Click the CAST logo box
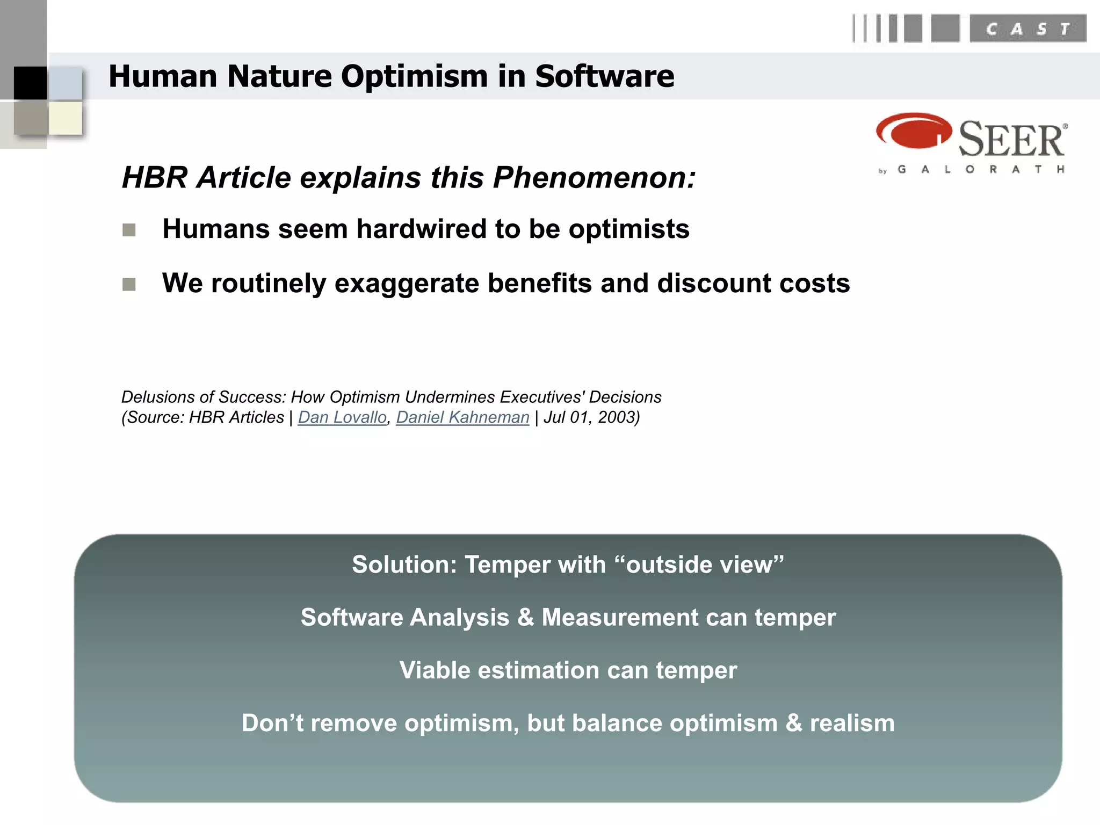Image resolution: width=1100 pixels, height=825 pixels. tap(1027, 29)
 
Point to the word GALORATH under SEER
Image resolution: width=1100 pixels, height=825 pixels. tap(981, 170)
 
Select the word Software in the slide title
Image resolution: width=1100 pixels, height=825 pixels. tap(604, 76)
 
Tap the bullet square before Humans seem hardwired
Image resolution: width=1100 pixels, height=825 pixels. tap(129, 230)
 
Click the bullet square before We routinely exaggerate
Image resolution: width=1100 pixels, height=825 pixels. tap(129, 284)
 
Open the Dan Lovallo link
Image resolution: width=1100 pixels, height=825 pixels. tap(342, 417)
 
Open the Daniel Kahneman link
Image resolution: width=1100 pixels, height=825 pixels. tap(462, 417)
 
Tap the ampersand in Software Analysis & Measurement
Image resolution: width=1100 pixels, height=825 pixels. tap(525, 617)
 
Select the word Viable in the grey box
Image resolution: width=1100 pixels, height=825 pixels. tap(435, 670)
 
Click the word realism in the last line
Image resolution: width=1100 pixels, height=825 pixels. tap(852, 723)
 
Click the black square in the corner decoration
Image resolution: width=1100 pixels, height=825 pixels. tap(31, 83)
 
